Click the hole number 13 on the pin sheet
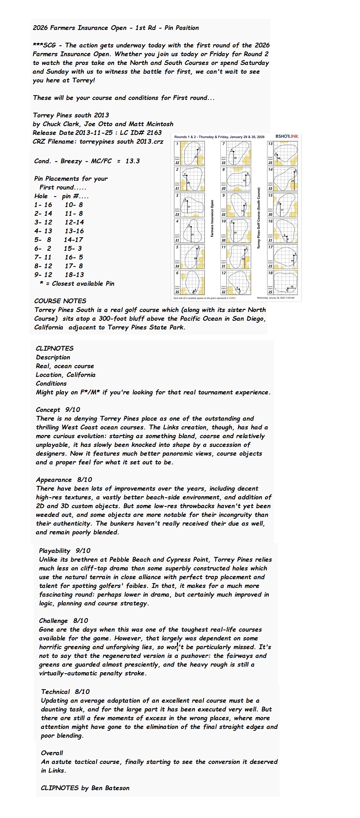tap(270, 143)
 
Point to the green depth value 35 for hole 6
tap(177, 292)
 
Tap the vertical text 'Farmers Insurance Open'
tap(212, 218)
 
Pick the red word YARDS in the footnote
tap(232, 298)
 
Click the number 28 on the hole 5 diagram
tap(195, 258)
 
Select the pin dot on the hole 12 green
tap(239, 289)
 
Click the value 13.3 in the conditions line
tap(132, 161)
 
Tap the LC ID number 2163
tap(154, 133)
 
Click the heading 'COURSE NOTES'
tap(60, 301)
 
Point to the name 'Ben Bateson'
tap(110, 788)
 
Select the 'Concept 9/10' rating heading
tap(58, 410)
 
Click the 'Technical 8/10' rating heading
tap(65, 692)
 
